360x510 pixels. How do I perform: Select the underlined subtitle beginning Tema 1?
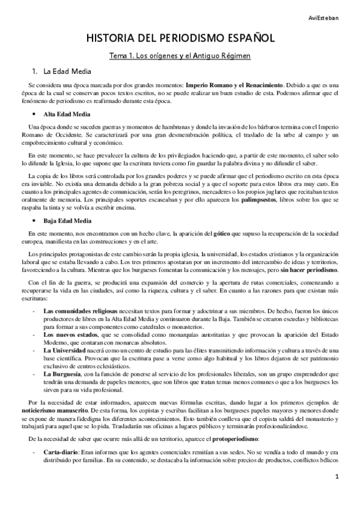point(180,56)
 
